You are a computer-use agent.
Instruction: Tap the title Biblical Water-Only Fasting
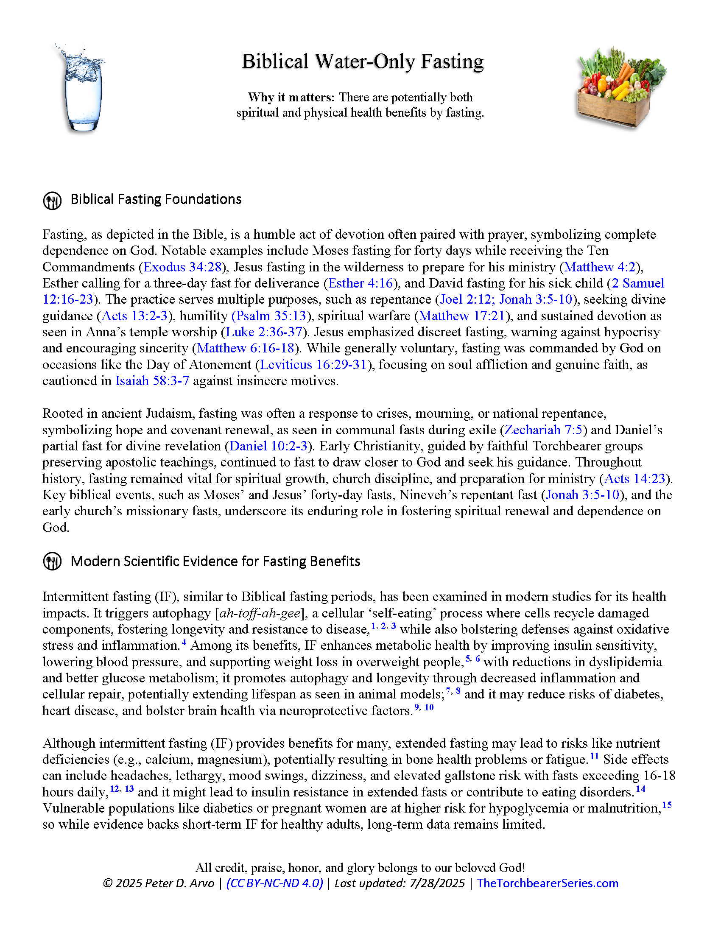pos(362,61)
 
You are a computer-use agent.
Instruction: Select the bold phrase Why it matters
pos(289,98)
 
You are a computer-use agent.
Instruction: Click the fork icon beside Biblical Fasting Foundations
pos(53,200)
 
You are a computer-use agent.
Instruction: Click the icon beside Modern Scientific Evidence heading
pos(53,562)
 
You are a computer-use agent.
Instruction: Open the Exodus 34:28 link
pos(182,267)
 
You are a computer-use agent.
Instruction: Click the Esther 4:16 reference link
pos(360,283)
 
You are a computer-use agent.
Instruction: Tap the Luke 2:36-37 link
pos(263,332)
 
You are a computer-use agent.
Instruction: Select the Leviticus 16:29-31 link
pos(313,365)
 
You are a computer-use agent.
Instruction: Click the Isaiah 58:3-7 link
pos(152,381)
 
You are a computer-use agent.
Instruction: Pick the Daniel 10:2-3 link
pos(268,446)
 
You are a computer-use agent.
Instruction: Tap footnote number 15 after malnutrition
pos(667,805)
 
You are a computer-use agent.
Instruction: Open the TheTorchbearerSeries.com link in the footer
pos(547,883)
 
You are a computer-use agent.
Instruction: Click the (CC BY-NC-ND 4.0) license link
pos(275,883)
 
